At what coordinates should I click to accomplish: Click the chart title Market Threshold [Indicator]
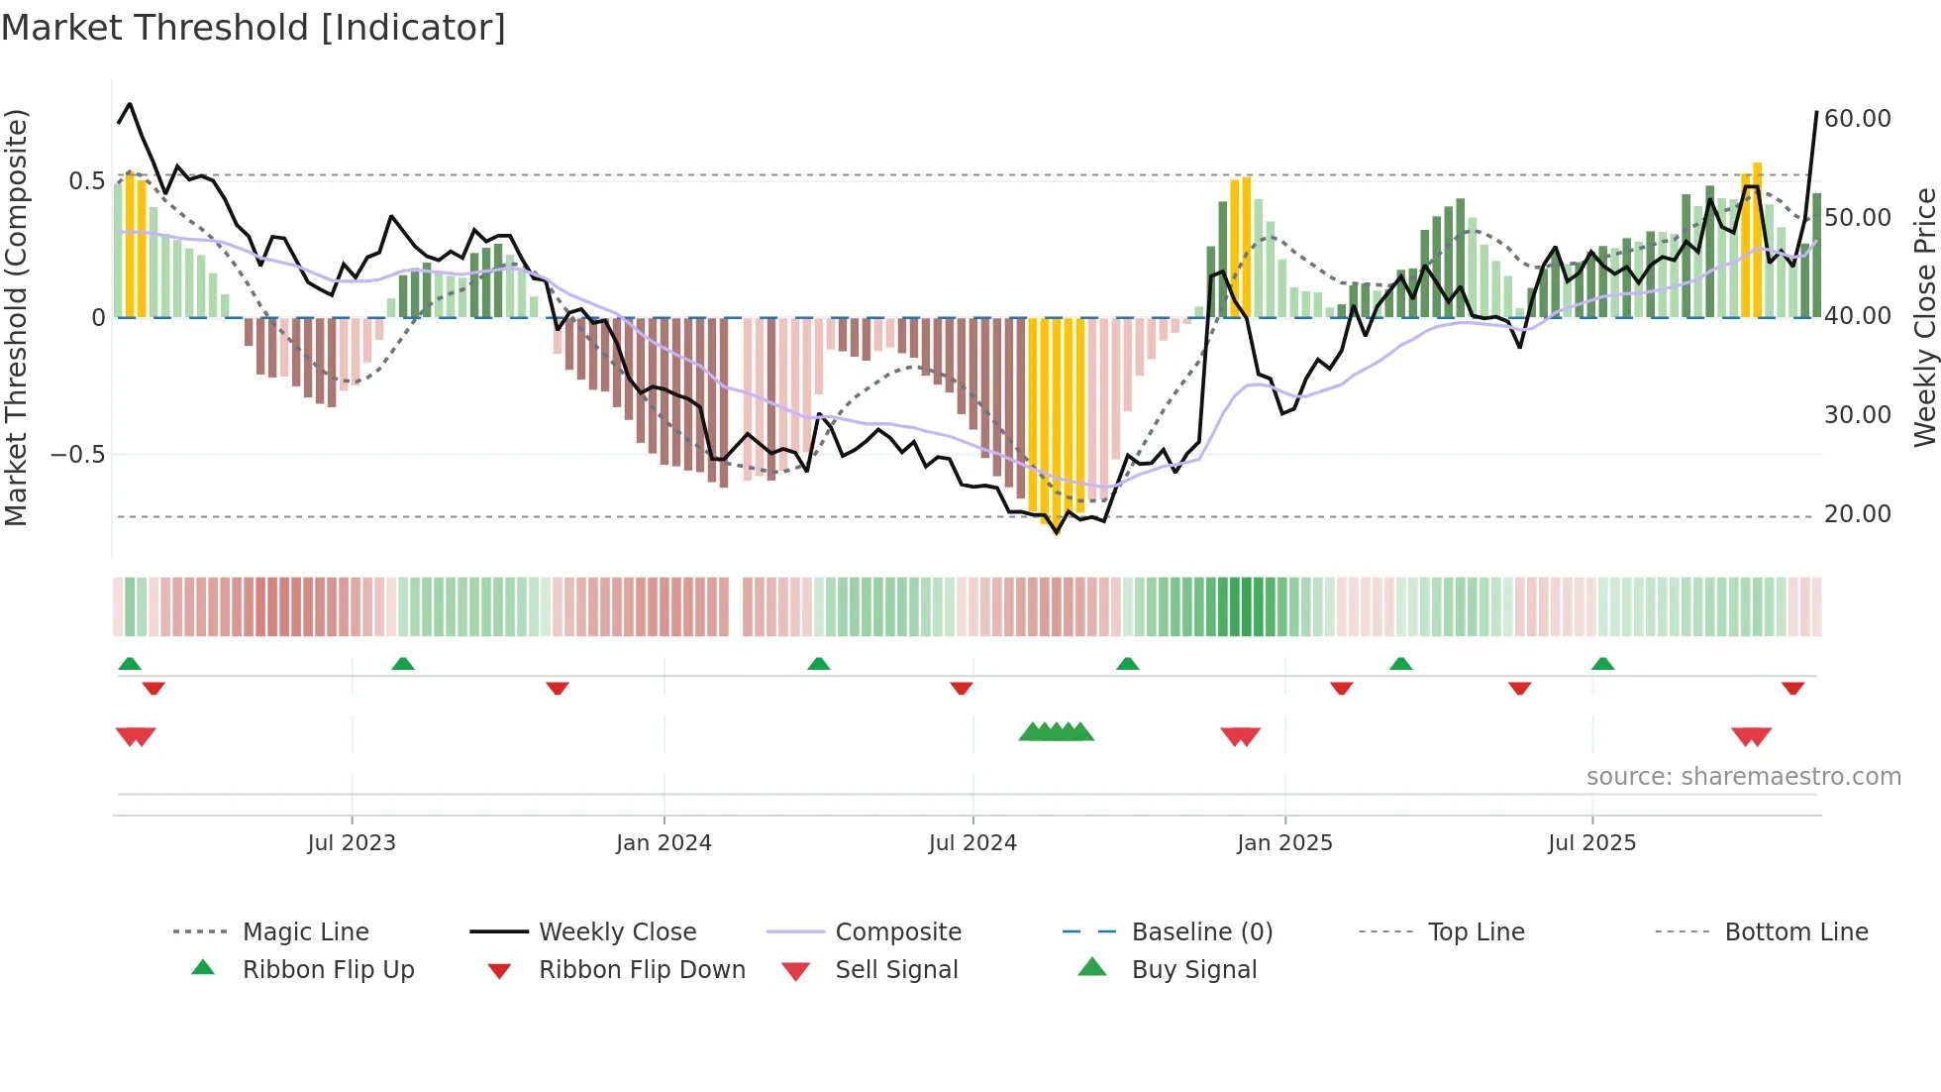254,28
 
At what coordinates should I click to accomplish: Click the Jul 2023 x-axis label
351,843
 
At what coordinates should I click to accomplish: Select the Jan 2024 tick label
664,843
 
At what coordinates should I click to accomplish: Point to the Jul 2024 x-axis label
972,843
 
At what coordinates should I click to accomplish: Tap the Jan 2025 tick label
1284,843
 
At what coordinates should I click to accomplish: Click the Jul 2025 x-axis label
1591,843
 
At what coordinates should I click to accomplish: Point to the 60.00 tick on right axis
1857,119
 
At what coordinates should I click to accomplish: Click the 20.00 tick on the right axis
1857,514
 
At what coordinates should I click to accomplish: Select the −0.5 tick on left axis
77,455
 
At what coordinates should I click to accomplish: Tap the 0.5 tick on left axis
86,181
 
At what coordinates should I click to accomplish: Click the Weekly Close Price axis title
1924,317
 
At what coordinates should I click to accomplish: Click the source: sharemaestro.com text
1743,777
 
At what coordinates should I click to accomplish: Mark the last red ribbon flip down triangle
1792,688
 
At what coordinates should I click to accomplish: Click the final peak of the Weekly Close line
1816,113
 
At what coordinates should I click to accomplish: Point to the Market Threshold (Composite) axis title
16,317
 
